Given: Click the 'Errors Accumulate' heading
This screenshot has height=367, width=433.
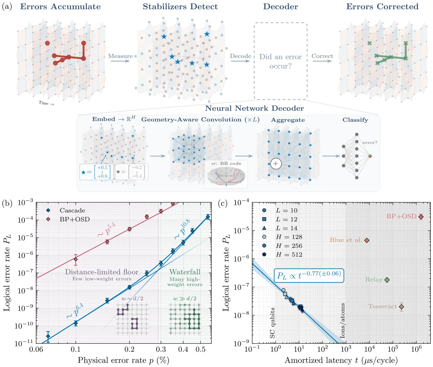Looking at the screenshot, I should [60, 6].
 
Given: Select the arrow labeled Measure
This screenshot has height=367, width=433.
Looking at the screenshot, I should [120, 60].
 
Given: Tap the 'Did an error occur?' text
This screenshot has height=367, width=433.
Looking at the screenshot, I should [280, 61].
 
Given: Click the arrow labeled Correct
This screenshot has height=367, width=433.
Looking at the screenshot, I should [322, 60].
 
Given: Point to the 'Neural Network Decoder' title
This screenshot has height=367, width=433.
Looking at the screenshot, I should [254, 108].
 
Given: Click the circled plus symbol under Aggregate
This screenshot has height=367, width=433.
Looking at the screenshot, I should [276, 163].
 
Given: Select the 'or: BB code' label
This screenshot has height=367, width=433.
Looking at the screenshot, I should [226, 163].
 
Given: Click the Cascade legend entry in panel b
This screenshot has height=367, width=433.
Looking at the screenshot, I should [72, 210].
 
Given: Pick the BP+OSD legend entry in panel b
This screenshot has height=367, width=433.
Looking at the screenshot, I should [74, 219].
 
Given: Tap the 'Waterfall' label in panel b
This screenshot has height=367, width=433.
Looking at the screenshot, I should [185, 272].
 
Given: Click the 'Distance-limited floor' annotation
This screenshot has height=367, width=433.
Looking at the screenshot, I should [102, 272].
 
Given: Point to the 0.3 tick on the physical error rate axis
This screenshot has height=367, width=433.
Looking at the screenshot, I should [161, 349].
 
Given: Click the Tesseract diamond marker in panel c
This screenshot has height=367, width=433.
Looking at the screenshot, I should [401, 307].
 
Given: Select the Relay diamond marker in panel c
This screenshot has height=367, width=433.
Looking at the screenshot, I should [387, 280].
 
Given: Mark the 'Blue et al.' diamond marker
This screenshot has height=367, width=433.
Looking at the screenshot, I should [367, 240].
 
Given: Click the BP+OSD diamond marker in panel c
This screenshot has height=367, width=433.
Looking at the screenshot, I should [421, 217].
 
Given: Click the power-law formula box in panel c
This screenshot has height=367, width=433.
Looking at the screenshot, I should [309, 275].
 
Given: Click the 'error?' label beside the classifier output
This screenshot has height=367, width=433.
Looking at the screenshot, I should [370, 143].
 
